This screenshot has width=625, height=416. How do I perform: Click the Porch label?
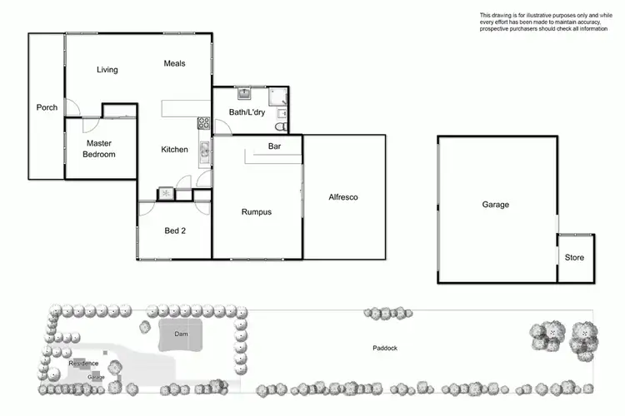47,107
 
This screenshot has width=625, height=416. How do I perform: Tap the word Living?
107,70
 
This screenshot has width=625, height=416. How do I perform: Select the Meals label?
174,63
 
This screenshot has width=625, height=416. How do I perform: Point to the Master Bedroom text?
99,148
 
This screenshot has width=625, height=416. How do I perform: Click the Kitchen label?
174,150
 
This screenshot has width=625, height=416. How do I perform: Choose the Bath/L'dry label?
247,112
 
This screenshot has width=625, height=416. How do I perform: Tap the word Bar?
273,146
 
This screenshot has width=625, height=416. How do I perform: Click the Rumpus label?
257,212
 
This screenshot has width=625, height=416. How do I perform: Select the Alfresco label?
343,197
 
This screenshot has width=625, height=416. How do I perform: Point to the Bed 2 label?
174,231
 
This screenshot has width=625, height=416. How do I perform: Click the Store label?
575,258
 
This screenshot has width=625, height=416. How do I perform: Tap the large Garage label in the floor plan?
495,205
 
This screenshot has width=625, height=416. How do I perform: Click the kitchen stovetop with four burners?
202,125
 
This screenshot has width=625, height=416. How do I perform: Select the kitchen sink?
203,151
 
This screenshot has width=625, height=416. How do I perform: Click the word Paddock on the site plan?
385,348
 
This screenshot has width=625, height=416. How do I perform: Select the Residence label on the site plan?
83,364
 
